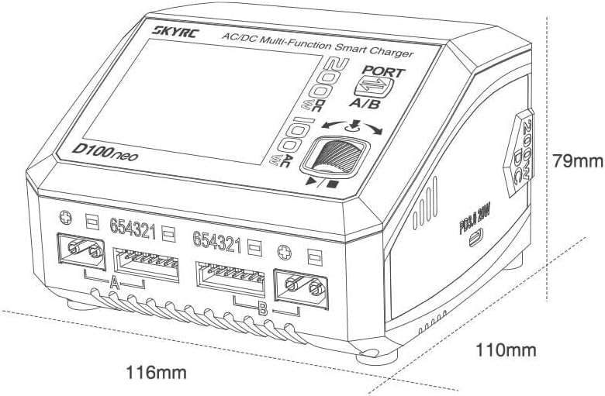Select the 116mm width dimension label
pos(157,372)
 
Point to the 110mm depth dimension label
pos(506,350)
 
